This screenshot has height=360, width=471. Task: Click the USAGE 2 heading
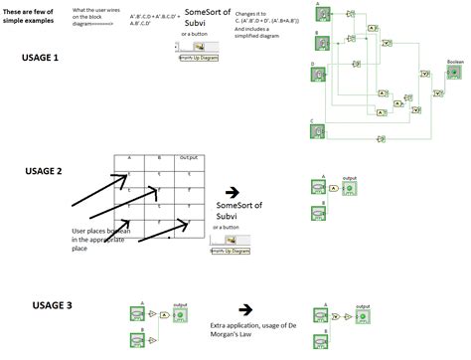point(45,171)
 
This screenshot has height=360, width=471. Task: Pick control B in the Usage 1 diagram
point(324,41)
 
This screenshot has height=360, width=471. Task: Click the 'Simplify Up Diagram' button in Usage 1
point(199,59)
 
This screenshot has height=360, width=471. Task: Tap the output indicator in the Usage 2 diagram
point(348,187)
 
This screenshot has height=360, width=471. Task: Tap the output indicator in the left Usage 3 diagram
point(180,316)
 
